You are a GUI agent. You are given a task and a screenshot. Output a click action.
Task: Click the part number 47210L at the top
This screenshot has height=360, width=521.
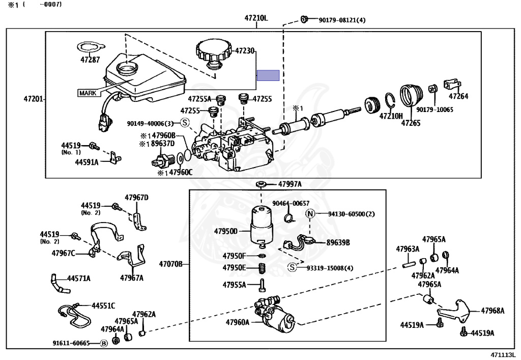coord(256,18)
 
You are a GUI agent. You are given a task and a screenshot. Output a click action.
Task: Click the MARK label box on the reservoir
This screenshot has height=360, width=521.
coord(88,93)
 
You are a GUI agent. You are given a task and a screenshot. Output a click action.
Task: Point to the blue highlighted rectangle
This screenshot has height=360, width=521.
coord(268,75)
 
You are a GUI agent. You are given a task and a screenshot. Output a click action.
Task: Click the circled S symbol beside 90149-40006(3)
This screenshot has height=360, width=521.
coord(185,123)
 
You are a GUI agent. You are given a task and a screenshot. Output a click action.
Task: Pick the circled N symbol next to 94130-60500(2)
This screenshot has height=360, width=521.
coord(310,214)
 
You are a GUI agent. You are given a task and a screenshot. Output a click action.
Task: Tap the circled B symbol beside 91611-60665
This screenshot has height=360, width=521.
coord(104,343)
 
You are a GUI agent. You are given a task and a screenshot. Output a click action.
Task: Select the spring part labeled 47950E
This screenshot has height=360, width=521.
coord(263,268)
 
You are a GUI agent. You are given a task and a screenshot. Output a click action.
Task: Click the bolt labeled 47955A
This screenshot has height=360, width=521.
coord(263,285)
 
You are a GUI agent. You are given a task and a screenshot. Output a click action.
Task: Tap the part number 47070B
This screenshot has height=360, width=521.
coord(170,264)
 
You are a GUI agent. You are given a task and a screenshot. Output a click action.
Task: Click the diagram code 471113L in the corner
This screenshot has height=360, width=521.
coord(503,355)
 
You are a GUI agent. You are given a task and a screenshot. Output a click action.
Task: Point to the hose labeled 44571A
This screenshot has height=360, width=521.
coord(60,284)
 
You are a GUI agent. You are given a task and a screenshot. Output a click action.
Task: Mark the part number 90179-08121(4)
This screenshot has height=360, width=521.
coord(342,20)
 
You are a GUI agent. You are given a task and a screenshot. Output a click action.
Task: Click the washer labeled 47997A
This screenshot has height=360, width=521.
coord(261,184)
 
